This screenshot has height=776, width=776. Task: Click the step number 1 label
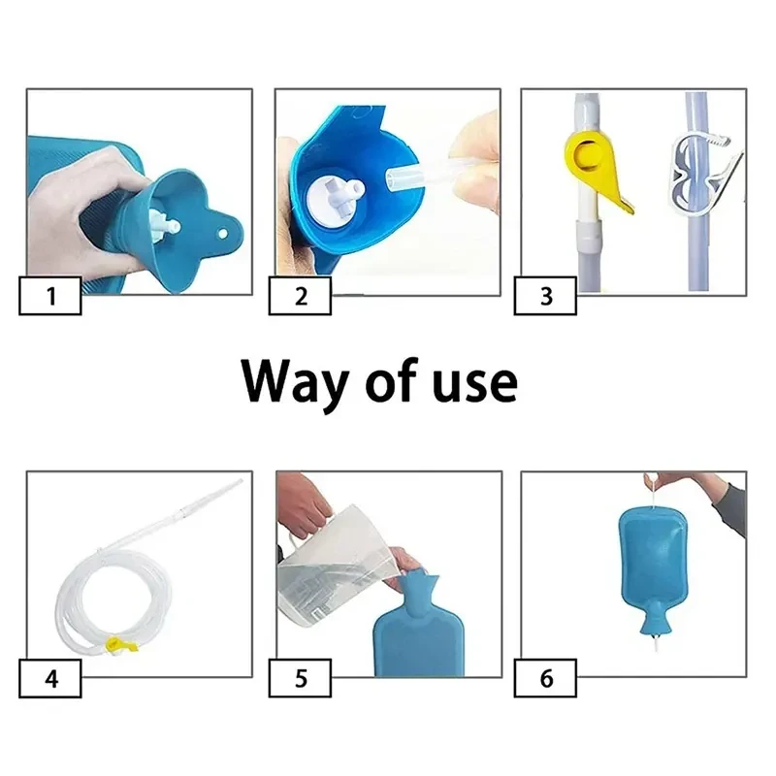[x=50, y=296]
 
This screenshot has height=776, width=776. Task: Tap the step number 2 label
[x=301, y=296]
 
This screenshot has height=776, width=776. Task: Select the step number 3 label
[x=545, y=296]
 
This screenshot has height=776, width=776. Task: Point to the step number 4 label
[x=50, y=678]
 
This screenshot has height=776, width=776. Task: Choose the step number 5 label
[x=301, y=678]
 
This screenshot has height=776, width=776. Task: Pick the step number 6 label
[x=545, y=678]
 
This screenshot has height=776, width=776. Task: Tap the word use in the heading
[x=475, y=385]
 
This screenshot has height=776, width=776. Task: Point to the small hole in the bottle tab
[x=223, y=233]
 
